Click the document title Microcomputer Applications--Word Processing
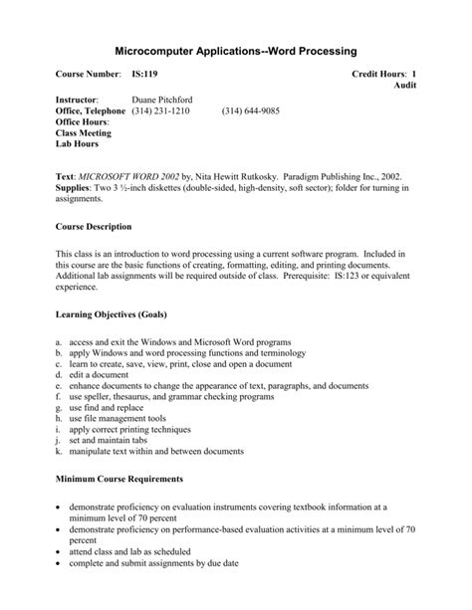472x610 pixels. pyautogui.click(x=236, y=50)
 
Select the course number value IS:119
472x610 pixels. pyautogui.click(x=144, y=76)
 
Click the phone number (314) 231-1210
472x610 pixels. pyautogui.click(x=160, y=111)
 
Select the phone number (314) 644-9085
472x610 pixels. pyautogui.click(x=250, y=111)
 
